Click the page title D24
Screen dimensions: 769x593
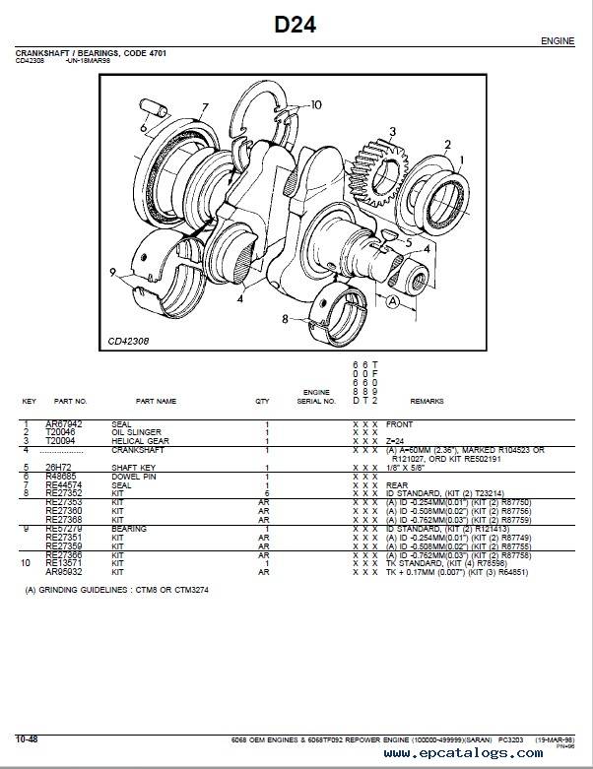point(295,26)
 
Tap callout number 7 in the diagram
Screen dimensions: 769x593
point(205,107)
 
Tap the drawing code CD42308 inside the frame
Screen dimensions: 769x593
point(130,343)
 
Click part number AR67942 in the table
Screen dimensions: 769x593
point(64,424)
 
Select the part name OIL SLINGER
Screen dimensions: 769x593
point(131,430)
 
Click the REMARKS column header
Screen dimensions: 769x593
point(428,402)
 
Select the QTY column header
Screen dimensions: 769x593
point(262,402)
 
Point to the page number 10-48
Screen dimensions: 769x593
point(27,737)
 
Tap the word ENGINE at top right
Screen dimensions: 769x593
point(559,42)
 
